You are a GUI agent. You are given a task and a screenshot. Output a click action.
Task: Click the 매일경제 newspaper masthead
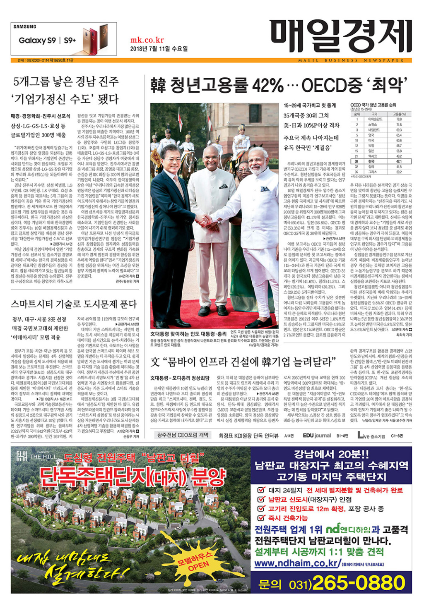(340, 36)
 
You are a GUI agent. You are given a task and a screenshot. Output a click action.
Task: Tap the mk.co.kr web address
(147, 40)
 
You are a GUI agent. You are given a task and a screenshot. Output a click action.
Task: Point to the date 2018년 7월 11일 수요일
(159, 49)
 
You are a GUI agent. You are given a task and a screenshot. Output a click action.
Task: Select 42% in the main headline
(267, 86)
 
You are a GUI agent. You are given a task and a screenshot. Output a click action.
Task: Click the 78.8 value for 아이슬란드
(399, 119)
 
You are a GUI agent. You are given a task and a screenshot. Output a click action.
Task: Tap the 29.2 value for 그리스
(399, 172)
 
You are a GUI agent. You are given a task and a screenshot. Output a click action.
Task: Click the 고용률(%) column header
(399, 114)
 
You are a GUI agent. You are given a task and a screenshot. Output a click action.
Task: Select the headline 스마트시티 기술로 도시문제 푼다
(74, 304)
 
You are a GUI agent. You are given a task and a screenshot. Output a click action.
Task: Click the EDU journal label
(317, 436)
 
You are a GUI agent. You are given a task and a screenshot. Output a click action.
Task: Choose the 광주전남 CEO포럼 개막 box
(183, 435)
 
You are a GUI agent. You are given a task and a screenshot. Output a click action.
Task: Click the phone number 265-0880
(359, 583)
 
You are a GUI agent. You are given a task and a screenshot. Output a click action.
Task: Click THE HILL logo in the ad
(36, 457)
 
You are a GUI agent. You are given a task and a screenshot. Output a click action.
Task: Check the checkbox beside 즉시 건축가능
(261, 518)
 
